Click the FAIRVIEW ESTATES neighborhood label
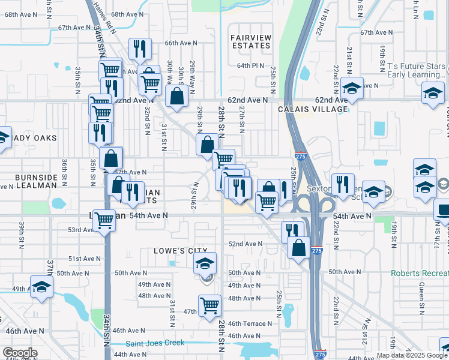pos(250,41)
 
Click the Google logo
pos(19,353)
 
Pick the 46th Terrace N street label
pos(250,323)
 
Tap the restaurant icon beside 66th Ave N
pos(140,49)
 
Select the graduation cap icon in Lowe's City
pos(205,263)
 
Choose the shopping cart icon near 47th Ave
pos(210,305)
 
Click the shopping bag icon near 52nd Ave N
pos(298,247)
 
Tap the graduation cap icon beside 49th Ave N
pos(41,287)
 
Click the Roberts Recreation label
pos(420,273)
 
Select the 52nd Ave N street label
pos(245,244)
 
